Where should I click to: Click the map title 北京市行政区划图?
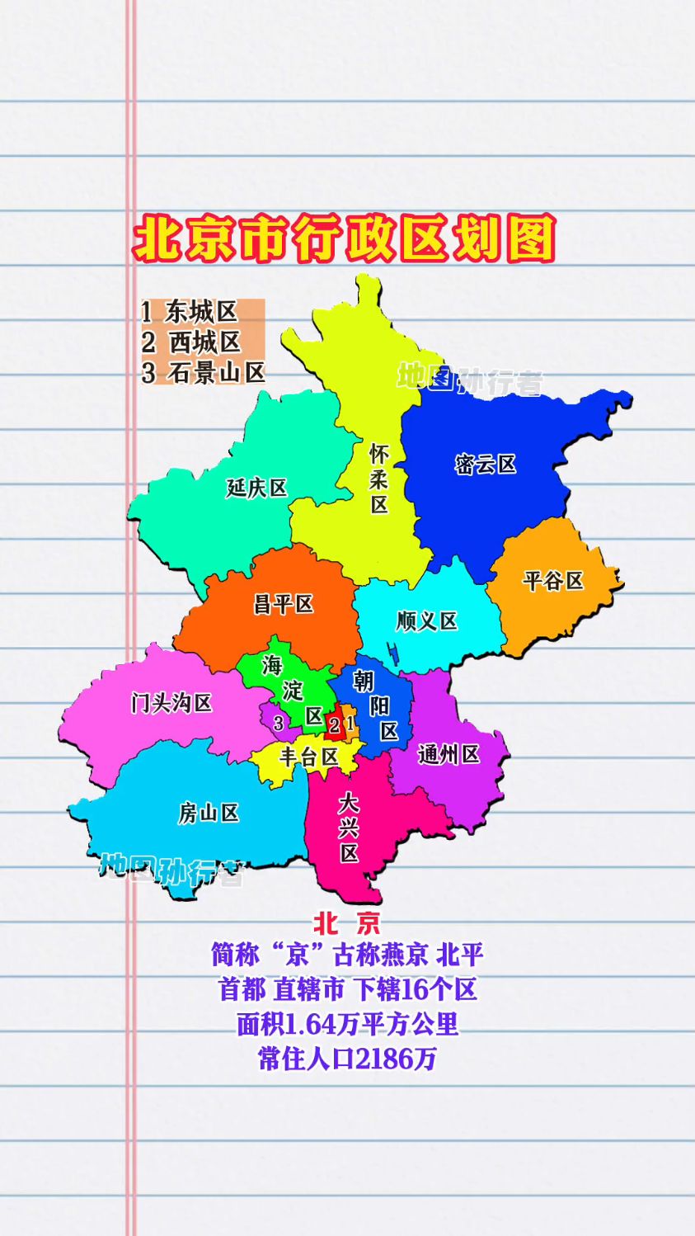(x=344, y=239)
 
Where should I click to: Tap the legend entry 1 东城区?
(x=190, y=312)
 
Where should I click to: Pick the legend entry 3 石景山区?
(x=203, y=373)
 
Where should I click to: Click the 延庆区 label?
(x=256, y=488)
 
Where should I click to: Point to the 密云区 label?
(x=486, y=465)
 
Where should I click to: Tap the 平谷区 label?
(x=553, y=581)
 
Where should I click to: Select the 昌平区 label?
(x=283, y=605)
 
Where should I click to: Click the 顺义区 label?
(x=426, y=621)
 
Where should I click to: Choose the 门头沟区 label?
(x=171, y=703)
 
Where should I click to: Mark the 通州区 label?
(x=448, y=754)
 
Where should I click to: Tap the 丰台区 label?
(x=309, y=757)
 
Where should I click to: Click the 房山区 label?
(x=209, y=814)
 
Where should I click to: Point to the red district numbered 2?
(x=334, y=725)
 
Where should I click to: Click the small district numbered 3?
(x=279, y=724)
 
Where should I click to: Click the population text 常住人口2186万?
(x=347, y=1059)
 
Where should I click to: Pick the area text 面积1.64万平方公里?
(x=347, y=1025)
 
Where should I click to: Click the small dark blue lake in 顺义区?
(x=393, y=654)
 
